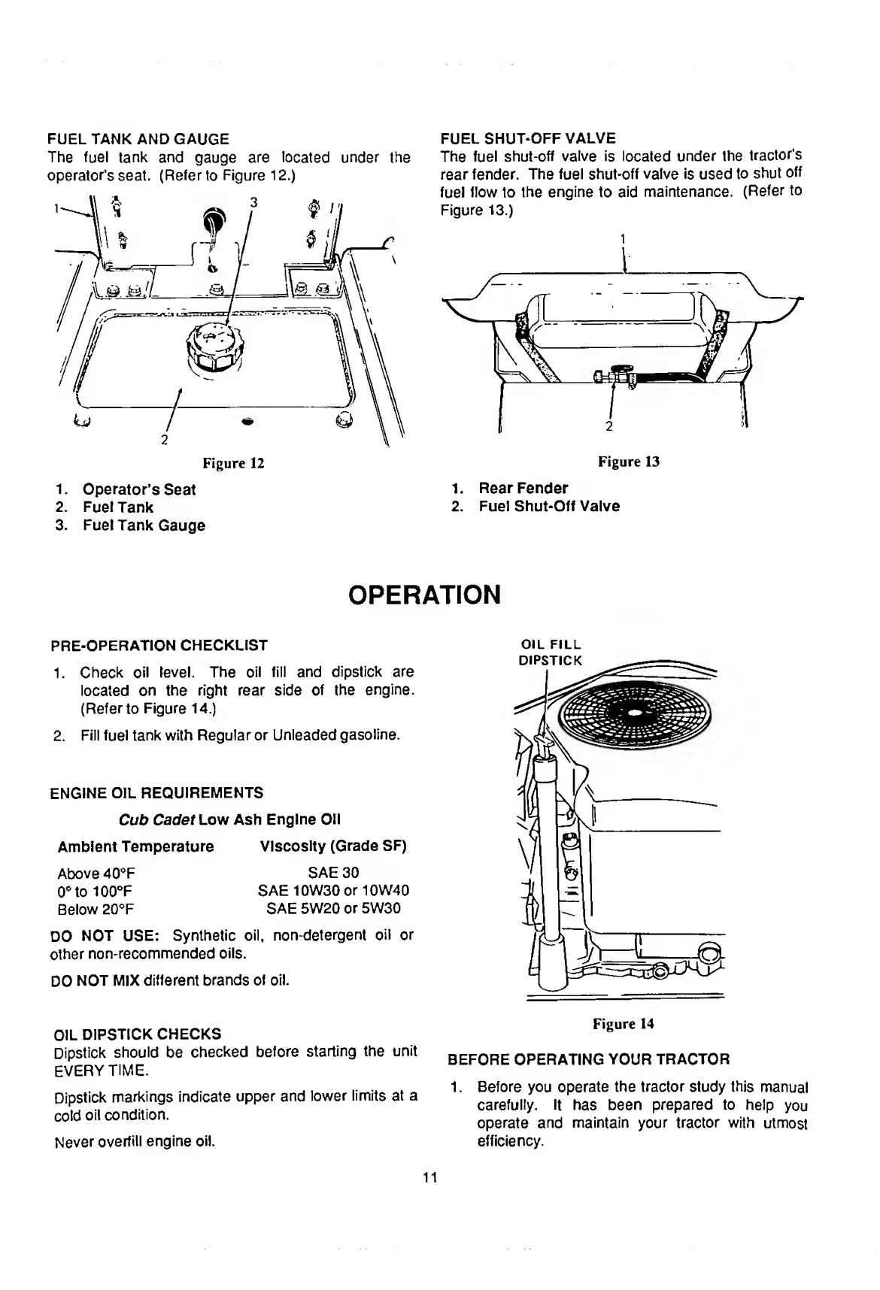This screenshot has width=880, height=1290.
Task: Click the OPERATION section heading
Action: click(424, 595)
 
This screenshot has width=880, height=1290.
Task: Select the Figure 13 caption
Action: click(629, 462)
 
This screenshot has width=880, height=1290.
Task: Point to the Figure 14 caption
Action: click(624, 1023)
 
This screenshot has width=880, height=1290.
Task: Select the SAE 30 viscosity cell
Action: click(333, 872)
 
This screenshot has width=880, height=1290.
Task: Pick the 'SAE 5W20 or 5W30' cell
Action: click(333, 908)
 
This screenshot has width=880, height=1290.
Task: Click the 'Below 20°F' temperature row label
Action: click(96, 909)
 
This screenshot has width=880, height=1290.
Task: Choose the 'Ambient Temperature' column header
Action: click(135, 846)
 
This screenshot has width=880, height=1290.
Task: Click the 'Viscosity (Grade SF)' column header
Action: click(333, 846)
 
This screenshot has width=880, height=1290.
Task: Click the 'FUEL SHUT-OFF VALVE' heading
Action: click(528, 138)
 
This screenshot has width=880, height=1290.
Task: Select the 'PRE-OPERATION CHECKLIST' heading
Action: click(159, 645)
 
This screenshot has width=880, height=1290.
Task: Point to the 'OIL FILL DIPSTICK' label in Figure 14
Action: click(551, 653)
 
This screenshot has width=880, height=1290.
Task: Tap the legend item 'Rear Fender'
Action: click(523, 488)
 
